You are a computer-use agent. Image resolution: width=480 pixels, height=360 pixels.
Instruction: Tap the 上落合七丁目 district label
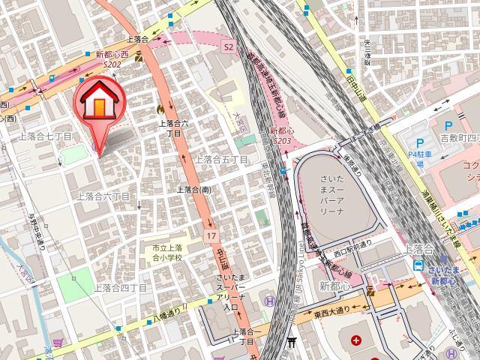click(x=45, y=136)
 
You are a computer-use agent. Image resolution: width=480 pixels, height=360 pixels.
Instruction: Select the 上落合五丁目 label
click(x=221, y=159)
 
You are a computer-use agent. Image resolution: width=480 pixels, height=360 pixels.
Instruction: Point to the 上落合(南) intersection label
click(x=193, y=190)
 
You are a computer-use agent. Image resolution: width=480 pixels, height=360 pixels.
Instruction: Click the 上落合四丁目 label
click(x=121, y=287)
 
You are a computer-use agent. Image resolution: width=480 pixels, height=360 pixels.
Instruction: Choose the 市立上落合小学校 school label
click(x=163, y=253)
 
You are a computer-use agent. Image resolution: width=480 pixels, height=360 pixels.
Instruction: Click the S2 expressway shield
click(x=229, y=46)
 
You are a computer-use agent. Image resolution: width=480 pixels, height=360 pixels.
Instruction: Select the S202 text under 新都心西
click(x=113, y=65)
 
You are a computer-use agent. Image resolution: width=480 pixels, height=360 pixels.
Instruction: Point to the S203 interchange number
click(x=282, y=140)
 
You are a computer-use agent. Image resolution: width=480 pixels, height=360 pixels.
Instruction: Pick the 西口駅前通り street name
click(x=352, y=244)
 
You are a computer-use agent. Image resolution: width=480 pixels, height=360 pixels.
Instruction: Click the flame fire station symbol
click(x=160, y=109)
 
